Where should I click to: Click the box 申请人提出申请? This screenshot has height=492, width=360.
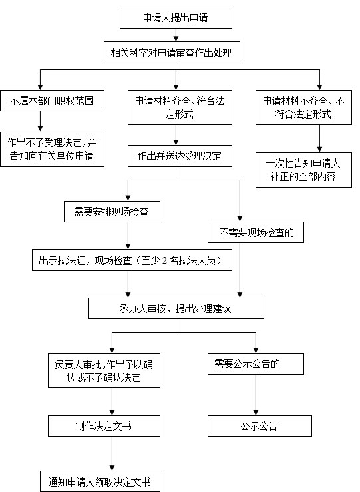click(176, 17)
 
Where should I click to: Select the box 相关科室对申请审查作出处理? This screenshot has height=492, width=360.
click(172, 53)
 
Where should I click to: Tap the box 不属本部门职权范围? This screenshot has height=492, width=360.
click(52, 101)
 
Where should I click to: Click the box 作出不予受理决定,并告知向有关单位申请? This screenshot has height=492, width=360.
click(52, 149)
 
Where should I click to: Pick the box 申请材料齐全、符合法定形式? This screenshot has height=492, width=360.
click(180, 107)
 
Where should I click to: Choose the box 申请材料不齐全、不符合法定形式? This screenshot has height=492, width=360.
click(303, 107)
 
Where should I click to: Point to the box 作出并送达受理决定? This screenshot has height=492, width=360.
click(180, 156)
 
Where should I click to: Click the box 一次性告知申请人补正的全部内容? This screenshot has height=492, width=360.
click(303, 170)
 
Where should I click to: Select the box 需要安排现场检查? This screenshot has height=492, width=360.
click(112, 212)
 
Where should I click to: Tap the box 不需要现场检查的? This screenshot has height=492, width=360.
click(256, 232)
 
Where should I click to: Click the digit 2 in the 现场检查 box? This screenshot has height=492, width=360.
click(164, 260)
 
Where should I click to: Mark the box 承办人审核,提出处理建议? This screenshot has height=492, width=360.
click(176, 308)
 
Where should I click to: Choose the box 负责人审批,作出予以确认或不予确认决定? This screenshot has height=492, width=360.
click(104, 371)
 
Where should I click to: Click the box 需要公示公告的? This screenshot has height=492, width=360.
click(256, 364)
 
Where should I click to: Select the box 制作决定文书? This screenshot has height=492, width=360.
click(104, 426)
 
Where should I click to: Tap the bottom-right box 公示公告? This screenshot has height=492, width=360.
click(260, 426)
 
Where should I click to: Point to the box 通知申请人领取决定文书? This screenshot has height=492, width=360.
click(100, 481)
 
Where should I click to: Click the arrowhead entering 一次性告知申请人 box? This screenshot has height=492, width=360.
click(319, 149)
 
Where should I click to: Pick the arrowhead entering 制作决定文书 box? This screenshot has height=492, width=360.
click(112, 413)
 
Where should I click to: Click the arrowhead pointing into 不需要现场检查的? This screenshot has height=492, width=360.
click(240, 218)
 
